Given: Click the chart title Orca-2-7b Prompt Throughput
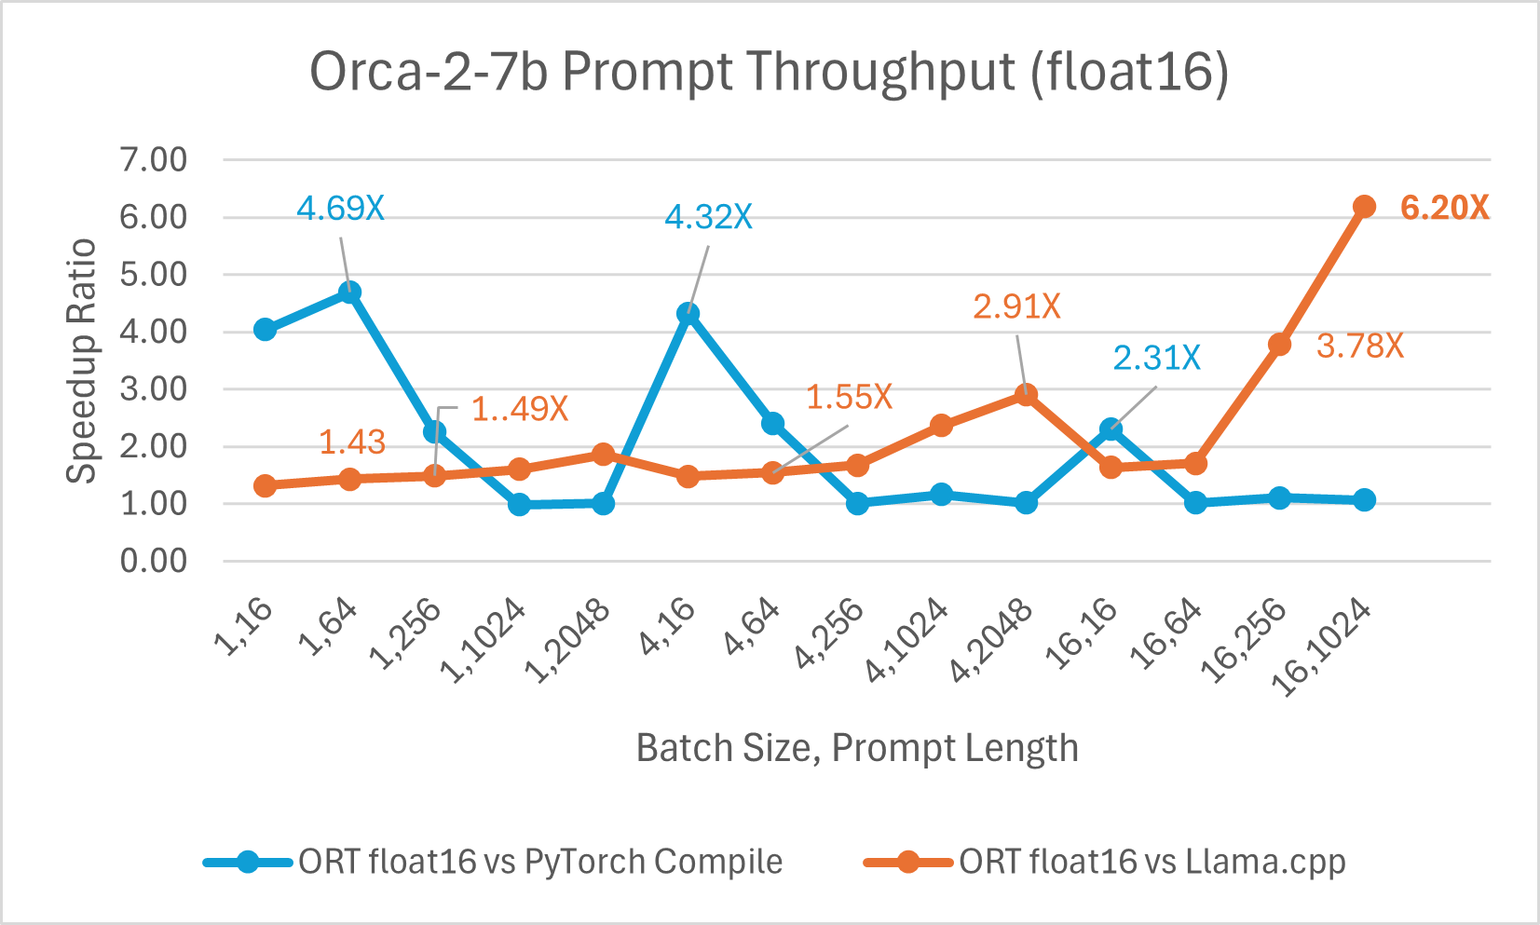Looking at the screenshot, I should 769,72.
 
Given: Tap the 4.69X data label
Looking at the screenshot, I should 340,208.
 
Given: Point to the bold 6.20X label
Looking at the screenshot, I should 1444,208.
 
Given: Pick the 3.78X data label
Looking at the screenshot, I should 1359,346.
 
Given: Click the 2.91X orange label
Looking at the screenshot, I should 1016,306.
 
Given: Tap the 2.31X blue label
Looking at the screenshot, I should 1156,358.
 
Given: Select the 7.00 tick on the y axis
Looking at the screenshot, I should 154,159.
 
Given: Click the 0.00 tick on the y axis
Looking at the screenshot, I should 154,561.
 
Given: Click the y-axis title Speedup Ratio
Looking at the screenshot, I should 82,360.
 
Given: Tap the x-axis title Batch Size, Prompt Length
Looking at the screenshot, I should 857,748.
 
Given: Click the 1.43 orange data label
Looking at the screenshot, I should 352,442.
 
